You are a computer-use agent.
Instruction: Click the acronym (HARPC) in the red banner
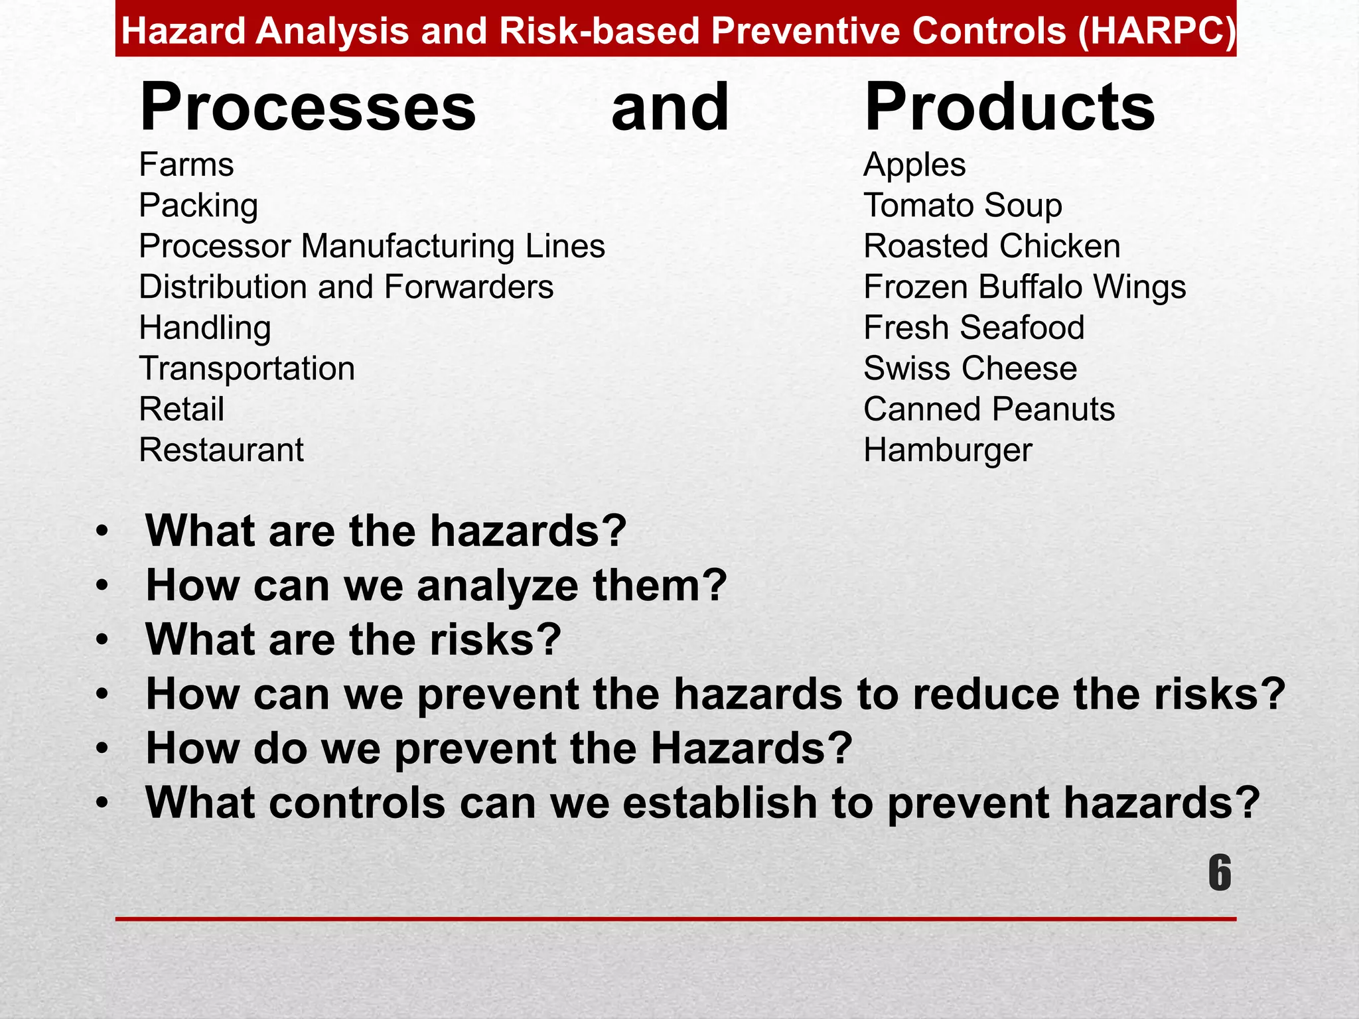tap(1157, 31)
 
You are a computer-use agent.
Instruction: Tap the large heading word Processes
tap(308, 107)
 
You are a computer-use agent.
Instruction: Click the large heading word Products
tap(1009, 107)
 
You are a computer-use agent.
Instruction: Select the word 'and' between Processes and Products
tap(670, 107)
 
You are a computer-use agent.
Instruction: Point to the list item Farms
tap(186, 165)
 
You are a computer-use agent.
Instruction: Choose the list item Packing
tap(198, 206)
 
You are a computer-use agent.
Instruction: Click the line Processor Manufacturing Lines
tap(372, 246)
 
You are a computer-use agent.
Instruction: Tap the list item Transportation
tap(247, 369)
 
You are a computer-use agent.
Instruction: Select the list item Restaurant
tap(221, 450)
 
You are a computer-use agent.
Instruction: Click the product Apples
tap(914, 165)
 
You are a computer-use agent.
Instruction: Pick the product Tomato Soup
tap(962, 206)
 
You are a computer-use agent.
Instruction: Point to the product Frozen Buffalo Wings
tap(1025, 287)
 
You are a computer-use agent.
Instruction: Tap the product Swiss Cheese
tap(970, 369)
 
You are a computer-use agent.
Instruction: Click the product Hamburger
tap(948, 450)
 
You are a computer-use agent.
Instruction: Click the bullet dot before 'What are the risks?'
tap(102, 640)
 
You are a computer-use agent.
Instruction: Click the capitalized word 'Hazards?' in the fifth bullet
tap(751, 748)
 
